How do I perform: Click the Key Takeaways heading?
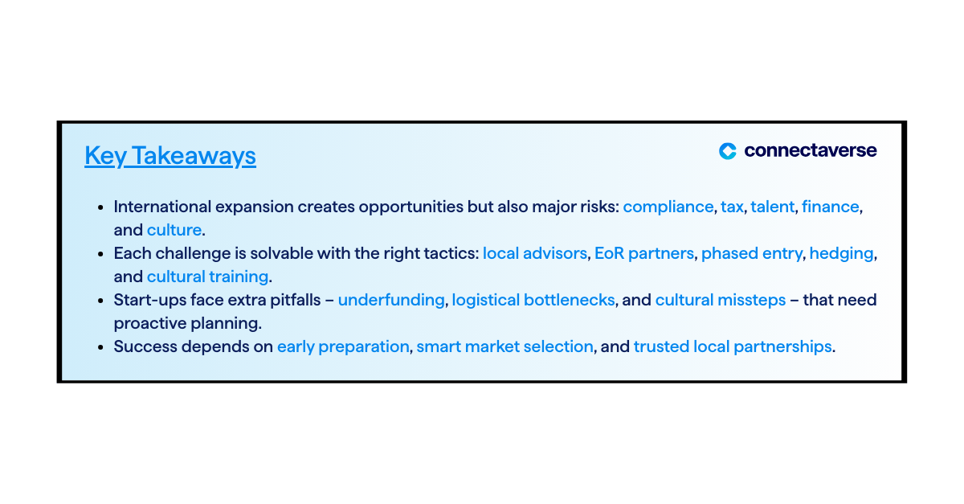click(x=170, y=156)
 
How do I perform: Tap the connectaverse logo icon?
click(x=728, y=151)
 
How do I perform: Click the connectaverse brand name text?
click(x=811, y=150)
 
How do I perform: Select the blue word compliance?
click(x=668, y=207)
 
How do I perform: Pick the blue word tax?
click(x=732, y=207)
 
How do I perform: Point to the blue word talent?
click(x=773, y=207)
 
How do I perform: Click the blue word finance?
click(x=830, y=207)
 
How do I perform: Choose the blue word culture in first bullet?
click(x=174, y=230)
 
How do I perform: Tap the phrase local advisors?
click(x=535, y=253)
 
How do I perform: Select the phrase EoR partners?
click(x=644, y=254)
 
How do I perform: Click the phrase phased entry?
click(x=752, y=254)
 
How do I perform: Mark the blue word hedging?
click(x=841, y=254)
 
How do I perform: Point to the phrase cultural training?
click(x=207, y=277)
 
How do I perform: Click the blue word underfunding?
click(x=391, y=301)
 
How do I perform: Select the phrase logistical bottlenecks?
click(x=533, y=301)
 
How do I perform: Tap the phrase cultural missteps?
click(x=721, y=301)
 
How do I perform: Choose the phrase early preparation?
click(x=343, y=346)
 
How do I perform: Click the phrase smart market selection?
click(x=504, y=346)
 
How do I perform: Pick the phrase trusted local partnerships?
click(x=733, y=346)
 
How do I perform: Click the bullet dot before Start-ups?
click(x=100, y=301)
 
